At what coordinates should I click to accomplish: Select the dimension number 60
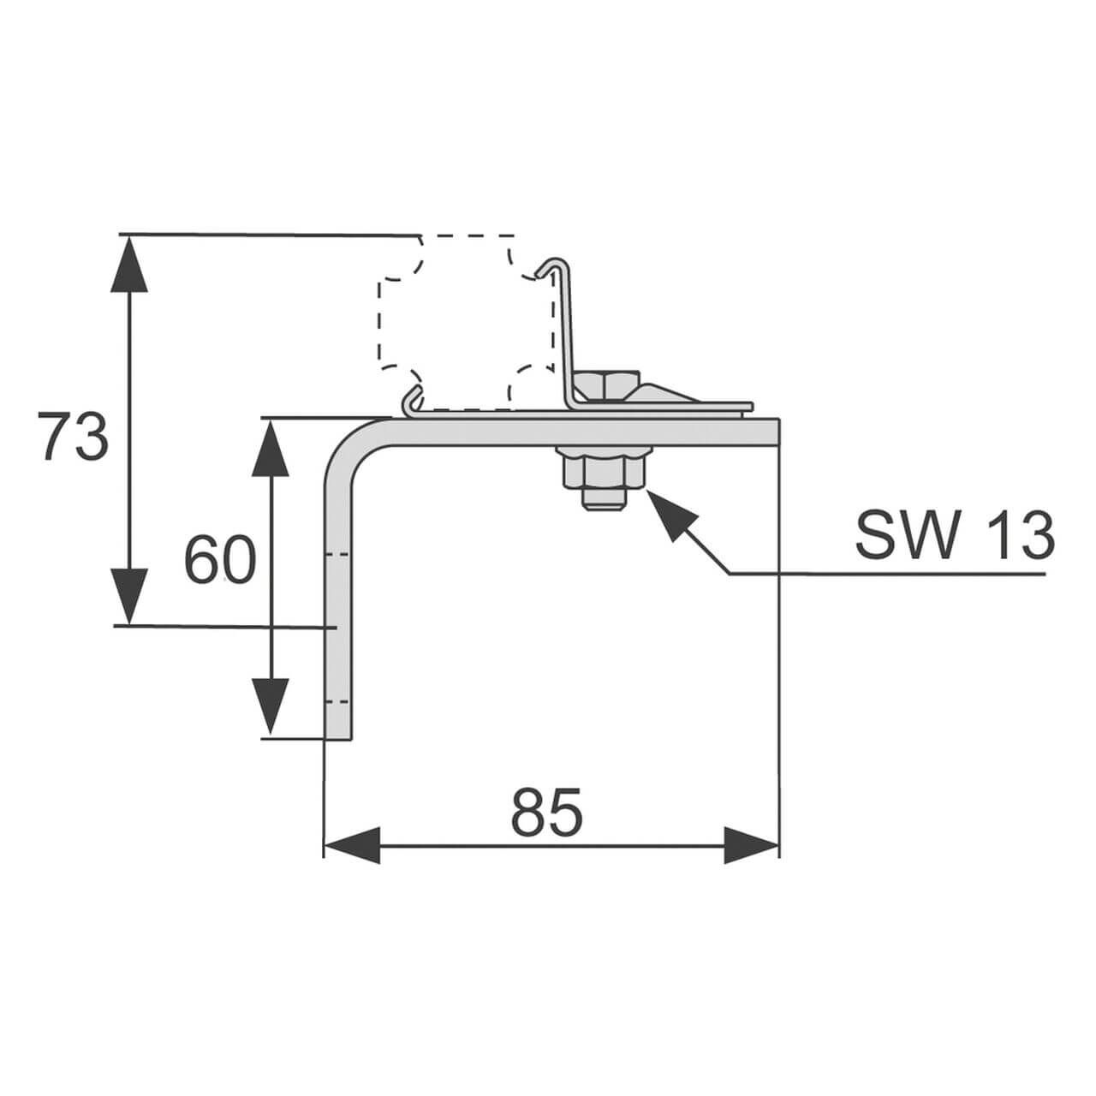[220, 561]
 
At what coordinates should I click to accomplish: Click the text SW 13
[954, 537]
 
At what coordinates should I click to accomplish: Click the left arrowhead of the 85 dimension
[351, 845]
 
